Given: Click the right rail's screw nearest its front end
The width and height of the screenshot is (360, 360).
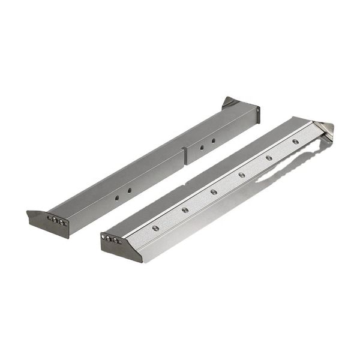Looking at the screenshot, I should point(156,228).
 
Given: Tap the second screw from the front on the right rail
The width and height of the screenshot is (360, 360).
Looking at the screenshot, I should point(185,210).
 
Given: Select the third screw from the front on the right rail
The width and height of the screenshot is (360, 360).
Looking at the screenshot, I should point(214,192).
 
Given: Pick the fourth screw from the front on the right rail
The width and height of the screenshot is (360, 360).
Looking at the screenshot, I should point(241,175).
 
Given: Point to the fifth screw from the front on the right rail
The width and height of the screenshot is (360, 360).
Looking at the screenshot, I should point(269,158).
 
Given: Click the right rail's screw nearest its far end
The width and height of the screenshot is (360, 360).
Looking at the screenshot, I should point(295,142).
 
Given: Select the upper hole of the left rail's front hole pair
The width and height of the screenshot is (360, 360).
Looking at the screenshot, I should point(129,190).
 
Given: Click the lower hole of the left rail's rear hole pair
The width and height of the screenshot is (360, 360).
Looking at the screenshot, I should point(202,147).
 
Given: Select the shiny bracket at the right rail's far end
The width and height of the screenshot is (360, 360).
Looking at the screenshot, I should point(325,129).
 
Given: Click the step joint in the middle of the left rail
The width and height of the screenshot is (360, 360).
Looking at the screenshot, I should point(185,155).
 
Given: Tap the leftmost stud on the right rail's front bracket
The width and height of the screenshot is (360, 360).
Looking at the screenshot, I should point(104,237).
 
